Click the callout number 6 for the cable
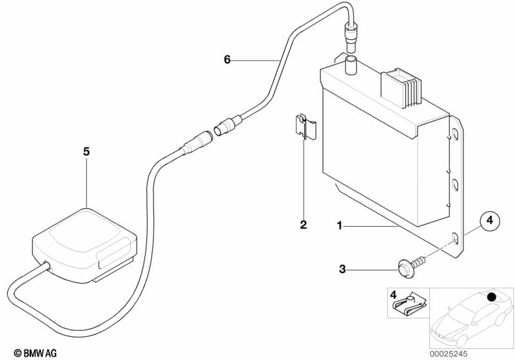pos(228,60)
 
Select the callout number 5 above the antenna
pos(86,151)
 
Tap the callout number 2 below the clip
pos(303,225)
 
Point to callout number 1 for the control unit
pos(340,226)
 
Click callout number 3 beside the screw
pos(342,269)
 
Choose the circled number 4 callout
pos(489,220)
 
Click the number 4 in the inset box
pos(393,294)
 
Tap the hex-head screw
pos(412,266)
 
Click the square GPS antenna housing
pos(84,245)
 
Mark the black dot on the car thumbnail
pos(491,297)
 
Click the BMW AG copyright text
pos(35,354)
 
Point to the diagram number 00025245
pos(449,354)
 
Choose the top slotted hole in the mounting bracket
pos(455,134)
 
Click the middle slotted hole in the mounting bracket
pos(455,184)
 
